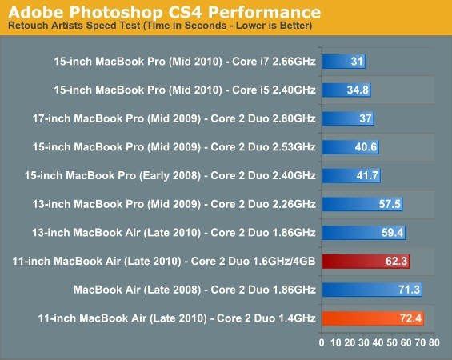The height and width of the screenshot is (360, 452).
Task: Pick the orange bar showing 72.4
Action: (373, 318)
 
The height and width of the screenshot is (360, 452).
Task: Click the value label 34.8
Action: (358, 90)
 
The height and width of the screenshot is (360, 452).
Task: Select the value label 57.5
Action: (390, 204)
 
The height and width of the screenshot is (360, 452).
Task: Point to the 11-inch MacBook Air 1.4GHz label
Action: (176, 318)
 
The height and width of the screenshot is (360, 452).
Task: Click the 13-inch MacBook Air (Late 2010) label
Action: (184, 233)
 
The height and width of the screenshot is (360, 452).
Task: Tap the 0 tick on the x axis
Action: (322, 342)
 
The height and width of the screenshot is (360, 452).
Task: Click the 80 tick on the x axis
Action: (434, 342)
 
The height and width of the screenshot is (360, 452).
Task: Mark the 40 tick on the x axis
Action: (378, 342)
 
